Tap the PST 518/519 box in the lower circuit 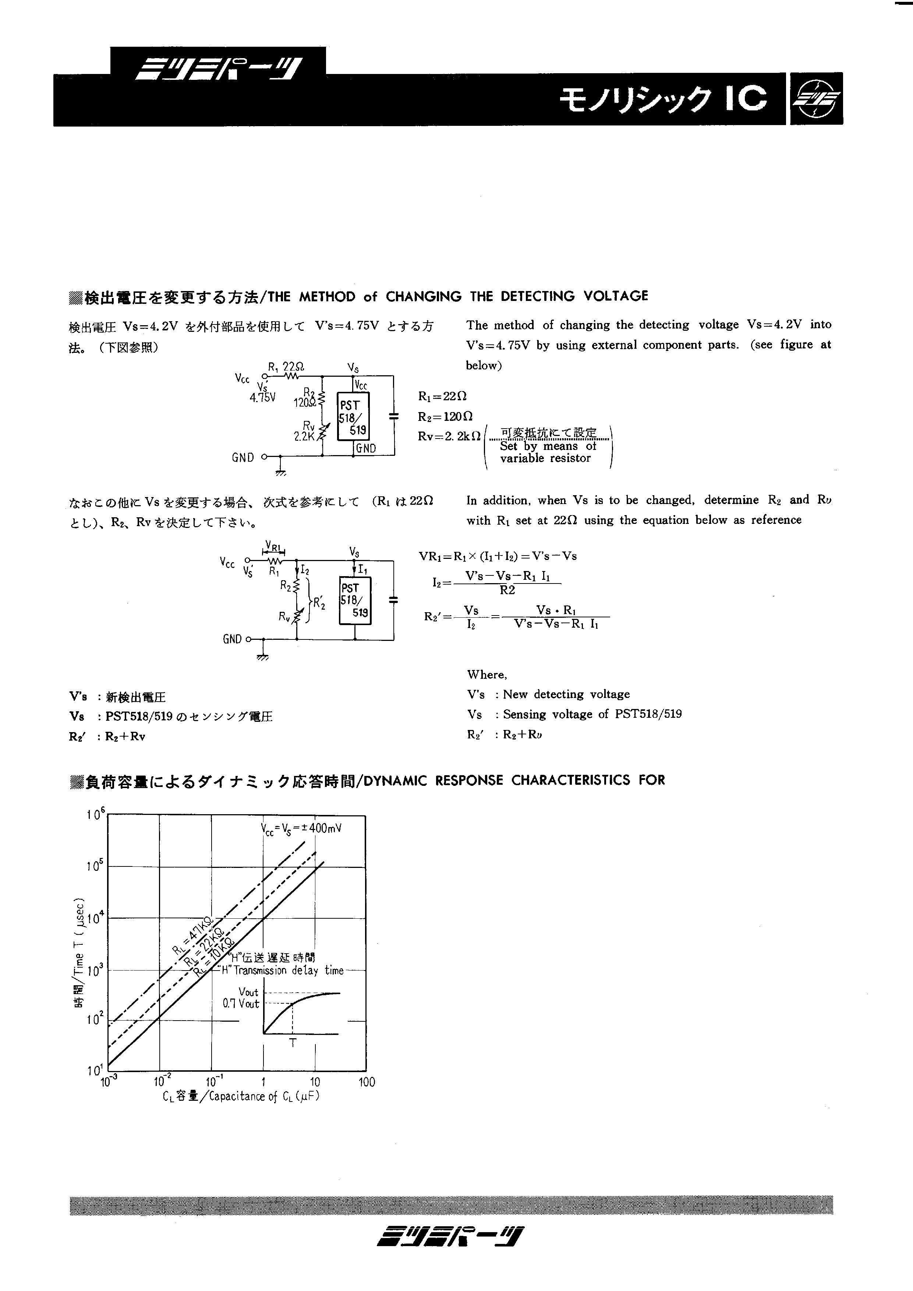coord(354,600)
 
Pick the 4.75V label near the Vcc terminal coord(263,398)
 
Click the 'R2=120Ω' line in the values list coord(445,416)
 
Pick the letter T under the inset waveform coord(293,1043)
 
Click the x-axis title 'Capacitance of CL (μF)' coord(241,1096)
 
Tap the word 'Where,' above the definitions coord(486,675)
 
